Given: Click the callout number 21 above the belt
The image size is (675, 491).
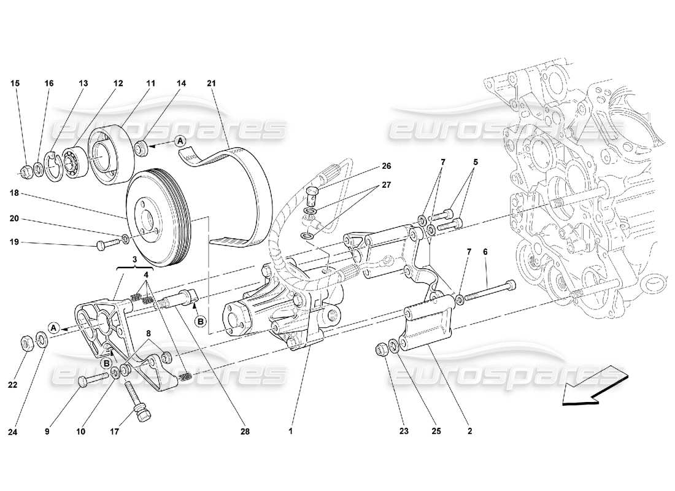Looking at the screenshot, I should pos(212,83).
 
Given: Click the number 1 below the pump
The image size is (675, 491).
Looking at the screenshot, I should pos(290,432).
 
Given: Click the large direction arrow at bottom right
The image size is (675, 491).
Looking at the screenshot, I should pos(592,384).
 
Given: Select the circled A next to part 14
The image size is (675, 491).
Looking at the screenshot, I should pos(181,141).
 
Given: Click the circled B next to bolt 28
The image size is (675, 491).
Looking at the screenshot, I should pos(200,320).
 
